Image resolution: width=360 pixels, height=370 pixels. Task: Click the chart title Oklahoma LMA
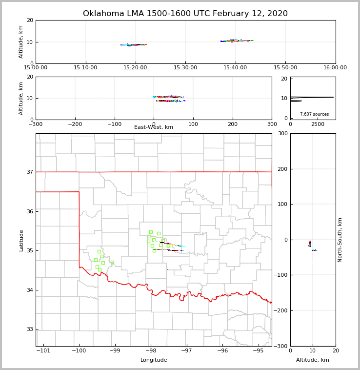tap(185, 14)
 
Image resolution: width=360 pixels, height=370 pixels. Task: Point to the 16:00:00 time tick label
tap(335, 68)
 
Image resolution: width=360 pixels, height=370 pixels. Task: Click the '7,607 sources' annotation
tap(314, 114)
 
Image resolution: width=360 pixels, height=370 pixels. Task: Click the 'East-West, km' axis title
tap(154, 127)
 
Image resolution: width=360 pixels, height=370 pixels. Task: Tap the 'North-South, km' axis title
tap(340, 240)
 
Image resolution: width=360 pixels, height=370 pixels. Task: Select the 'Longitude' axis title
tap(154, 360)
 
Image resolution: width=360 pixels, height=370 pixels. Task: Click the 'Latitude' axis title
tap(21, 240)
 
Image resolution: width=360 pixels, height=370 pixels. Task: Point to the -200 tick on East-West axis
tap(75, 124)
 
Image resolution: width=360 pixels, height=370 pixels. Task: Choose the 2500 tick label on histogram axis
tap(318, 124)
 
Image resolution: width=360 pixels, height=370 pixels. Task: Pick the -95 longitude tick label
tap(259, 351)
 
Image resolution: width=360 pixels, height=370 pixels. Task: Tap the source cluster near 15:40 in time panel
tap(237, 41)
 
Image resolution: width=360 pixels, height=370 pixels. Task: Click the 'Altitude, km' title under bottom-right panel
tap(312, 360)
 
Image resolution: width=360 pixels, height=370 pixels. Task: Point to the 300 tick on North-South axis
tap(282, 134)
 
